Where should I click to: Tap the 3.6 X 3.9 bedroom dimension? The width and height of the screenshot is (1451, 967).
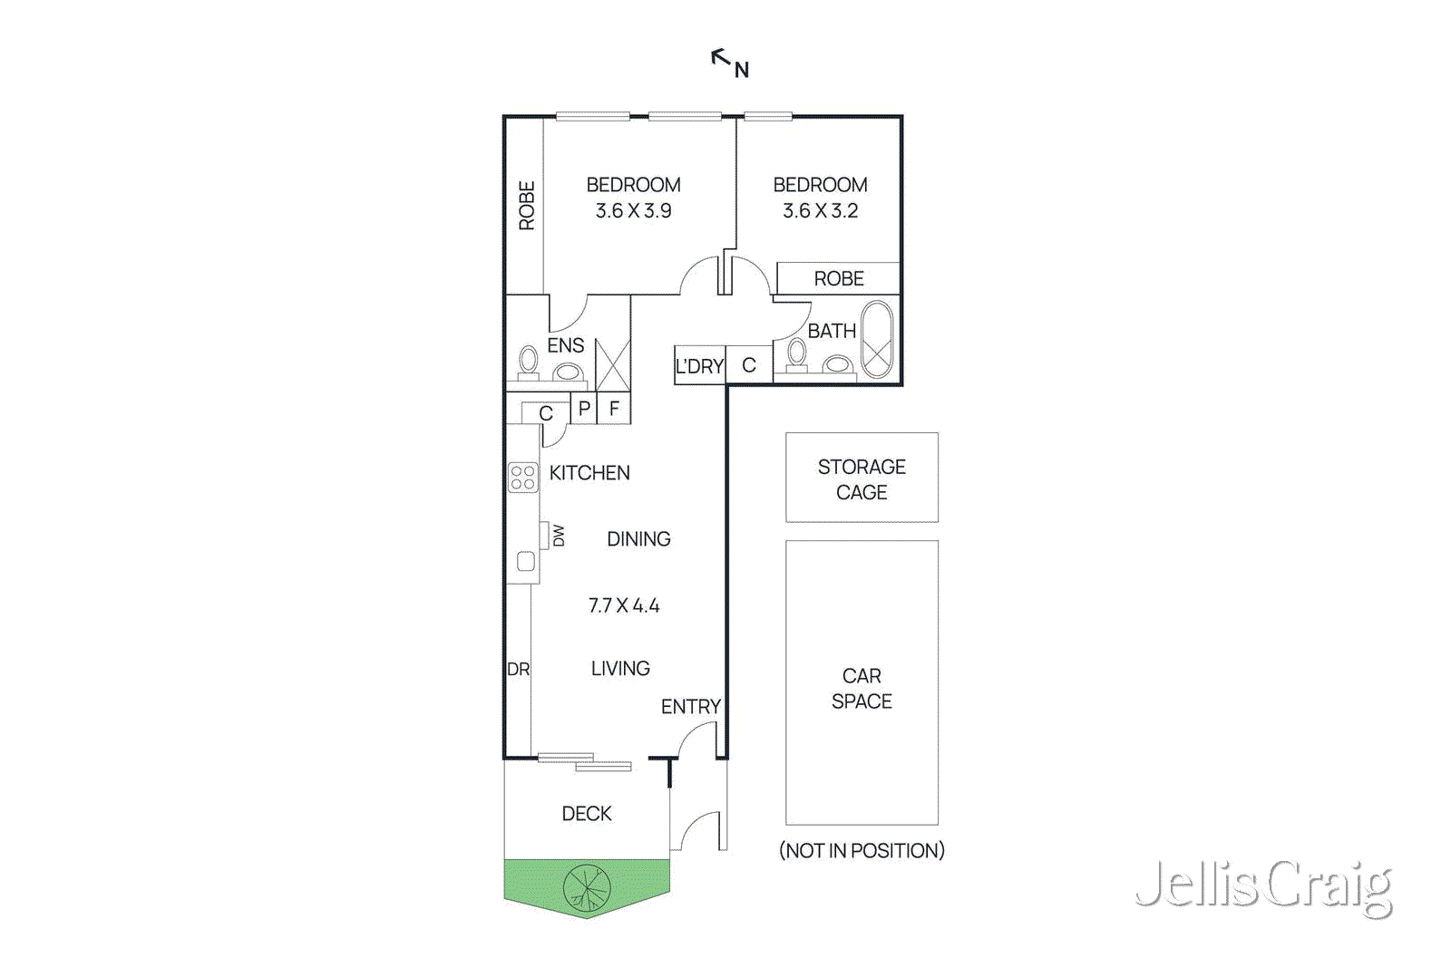[633, 211]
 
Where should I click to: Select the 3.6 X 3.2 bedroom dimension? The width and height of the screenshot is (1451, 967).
[820, 211]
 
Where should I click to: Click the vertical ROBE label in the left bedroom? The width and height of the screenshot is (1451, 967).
[526, 205]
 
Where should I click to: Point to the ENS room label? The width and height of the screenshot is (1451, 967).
[565, 345]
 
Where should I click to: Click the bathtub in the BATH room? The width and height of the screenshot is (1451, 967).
[876, 340]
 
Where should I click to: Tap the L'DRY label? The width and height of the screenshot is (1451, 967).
[699, 366]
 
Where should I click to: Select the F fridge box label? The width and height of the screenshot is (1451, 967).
[614, 409]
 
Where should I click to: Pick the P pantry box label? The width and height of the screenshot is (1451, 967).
[584, 409]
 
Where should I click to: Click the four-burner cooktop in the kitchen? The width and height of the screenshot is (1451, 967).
[522, 478]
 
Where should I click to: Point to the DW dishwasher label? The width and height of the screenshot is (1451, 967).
[558, 536]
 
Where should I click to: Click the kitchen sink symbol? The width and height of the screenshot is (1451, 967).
[525, 561]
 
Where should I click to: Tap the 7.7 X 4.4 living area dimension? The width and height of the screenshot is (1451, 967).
[624, 605]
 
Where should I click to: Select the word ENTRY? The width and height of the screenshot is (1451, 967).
[690, 706]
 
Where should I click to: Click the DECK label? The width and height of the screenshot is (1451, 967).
[587, 814]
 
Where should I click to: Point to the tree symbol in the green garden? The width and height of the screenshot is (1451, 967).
[587, 888]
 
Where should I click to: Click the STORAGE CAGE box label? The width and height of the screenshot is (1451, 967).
[862, 479]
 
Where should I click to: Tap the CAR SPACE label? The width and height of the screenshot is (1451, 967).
[862, 688]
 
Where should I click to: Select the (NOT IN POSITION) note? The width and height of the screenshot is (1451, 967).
[862, 850]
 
